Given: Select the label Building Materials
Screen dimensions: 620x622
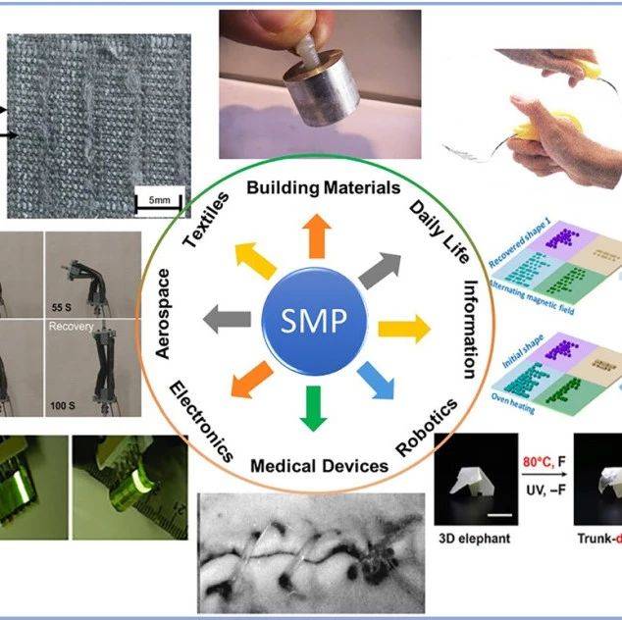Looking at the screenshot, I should coord(309,186).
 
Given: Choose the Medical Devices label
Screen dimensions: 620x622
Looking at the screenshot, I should coord(319,465).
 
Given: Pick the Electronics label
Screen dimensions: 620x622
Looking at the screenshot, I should coord(201,423).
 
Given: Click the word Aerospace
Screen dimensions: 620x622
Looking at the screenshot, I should coord(164,315).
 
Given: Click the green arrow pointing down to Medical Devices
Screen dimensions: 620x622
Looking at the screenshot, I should coord(312,407).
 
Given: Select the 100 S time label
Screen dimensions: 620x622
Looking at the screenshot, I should coord(66,403).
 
